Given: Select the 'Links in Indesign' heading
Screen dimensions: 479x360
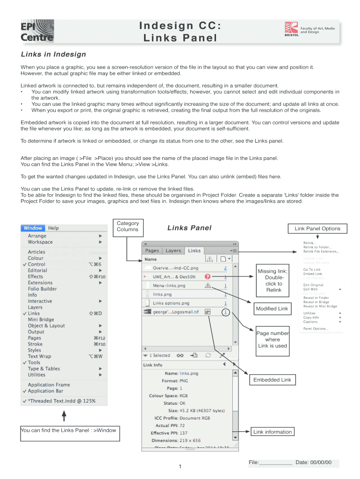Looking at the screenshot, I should [x=53, y=54].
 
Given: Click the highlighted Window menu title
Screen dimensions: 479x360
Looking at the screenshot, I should [x=33, y=228].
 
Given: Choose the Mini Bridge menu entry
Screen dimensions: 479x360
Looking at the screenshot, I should [x=41, y=319].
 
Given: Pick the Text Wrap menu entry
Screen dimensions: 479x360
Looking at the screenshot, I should [x=39, y=356].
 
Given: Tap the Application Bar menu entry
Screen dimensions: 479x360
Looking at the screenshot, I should [x=45, y=391].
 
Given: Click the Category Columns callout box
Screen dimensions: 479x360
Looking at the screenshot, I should [x=128, y=226].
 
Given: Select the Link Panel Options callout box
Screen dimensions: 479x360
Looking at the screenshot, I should [x=317, y=228].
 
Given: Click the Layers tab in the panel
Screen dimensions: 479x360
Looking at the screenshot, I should [x=173, y=251].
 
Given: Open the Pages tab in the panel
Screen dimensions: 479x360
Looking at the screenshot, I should [x=152, y=251].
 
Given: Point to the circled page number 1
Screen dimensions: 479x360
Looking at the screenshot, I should [x=225, y=312].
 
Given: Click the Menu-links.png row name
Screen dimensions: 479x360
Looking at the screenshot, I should [x=169, y=285].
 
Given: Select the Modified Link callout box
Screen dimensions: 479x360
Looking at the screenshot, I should [x=272, y=309].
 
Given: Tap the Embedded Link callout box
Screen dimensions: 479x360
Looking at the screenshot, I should [x=272, y=380].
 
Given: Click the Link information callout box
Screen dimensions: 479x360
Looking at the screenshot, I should [x=272, y=432].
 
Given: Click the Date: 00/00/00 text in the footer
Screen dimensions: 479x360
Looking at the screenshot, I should [x=313, y=463].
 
